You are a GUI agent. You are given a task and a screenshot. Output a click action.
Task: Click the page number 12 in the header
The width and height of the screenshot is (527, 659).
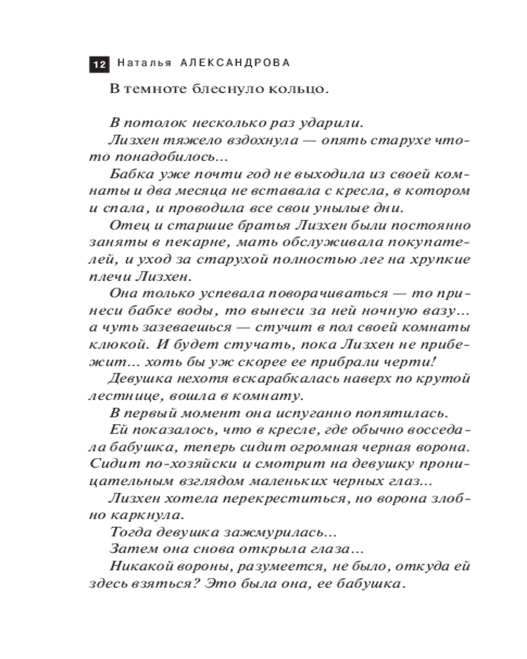[99, 64]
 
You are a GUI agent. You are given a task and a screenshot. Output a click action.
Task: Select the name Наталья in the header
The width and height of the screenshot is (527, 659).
[144, 63]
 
